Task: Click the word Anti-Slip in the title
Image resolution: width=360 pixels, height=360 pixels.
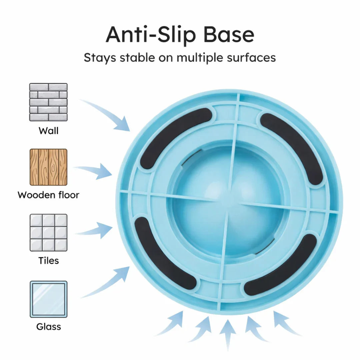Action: pyautogui.click(x=151, y=35)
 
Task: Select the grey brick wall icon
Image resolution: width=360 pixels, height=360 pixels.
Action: pyautogui.click(x=48, y=102)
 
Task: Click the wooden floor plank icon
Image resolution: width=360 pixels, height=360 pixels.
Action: pyautogui.click(x=48, y=167)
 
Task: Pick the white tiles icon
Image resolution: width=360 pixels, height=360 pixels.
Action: pyautogui.click(x=48, y=233)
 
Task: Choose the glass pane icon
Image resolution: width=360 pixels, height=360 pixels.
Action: pyautogui.click(x=48, y=299)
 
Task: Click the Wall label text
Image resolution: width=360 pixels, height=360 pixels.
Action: pyautogui.click(x=48, y=131)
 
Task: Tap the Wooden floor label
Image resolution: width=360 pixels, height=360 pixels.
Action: pyautogui.click(x=48, y=195)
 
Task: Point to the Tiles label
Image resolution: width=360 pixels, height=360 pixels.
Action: pyautogui.click(x=48, y=261)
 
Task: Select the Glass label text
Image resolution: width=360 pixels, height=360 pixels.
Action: pyautogui.click(x=48, y=326)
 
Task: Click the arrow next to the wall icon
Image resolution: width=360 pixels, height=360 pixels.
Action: pyautogui.click(x=108, y=113)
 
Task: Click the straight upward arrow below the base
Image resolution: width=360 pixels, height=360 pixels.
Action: pyautogui.click(x=228, y=335)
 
